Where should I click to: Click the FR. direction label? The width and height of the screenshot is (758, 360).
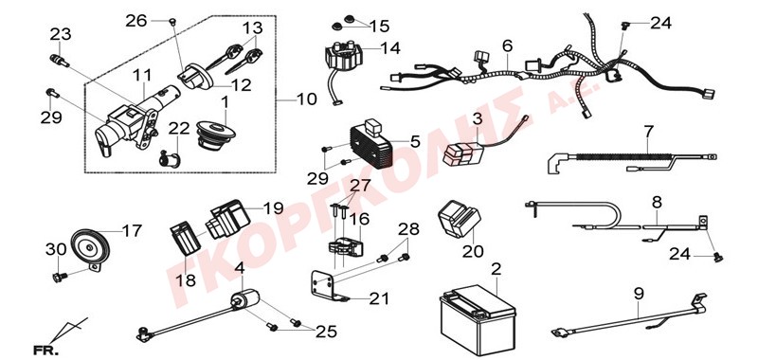click(x=45, y=350)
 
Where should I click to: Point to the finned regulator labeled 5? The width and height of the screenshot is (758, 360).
click(x=372, y=142)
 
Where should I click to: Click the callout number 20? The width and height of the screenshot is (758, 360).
click(x=473, y=251)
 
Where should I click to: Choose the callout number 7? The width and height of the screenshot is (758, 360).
click(x=648, y=132)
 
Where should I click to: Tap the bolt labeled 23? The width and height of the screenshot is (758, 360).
click(x=60, y=62)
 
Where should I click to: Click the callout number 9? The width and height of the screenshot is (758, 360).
click(x=639, y=294)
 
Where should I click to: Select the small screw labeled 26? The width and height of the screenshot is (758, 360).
click(x=172, y=21)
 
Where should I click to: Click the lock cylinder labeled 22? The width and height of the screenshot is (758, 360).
click(x=170, y=157)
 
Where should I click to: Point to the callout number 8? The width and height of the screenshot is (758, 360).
click(x=657, y=203)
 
